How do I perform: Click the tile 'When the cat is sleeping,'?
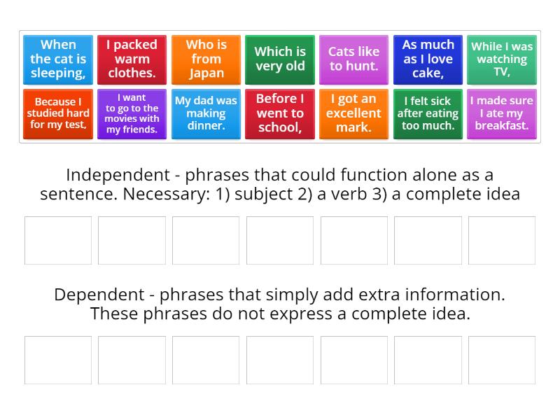pyautogui.click(x=58, y=59)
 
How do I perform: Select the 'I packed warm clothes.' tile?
pyautogui.click(x=132, y=59)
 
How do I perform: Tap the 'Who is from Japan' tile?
pyautogui.click(x=206, y=59)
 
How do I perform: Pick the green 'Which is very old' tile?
pyautogui.click(x=280, y=59)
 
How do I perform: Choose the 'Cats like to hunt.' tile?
pyautogui.click(x=353, y=59)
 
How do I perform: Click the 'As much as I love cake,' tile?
pyautogui.click(x=428, y=59)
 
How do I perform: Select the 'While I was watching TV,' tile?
pyautogui.click(x=502, y=59)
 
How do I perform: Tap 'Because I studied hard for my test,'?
pyautogui.click(x=58, y=113)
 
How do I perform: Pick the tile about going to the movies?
pyautogui.click(x=132, y=113)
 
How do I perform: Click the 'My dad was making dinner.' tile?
pyautogui.click(x=206, y=113)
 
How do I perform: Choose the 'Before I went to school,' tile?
pyautogui.click(x=280, y=113)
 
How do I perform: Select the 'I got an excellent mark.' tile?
pyautogui.click(x=353, y=113)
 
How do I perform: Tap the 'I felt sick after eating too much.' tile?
pyautogui.click(x=428, y=113)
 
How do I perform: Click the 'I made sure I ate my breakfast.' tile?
pyautogui.click(x=502, y=113)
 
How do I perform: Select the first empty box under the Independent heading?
pyautogui.click(x=58, y=240)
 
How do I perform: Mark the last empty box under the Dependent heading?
pyautogui.click(x=502, y=360)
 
